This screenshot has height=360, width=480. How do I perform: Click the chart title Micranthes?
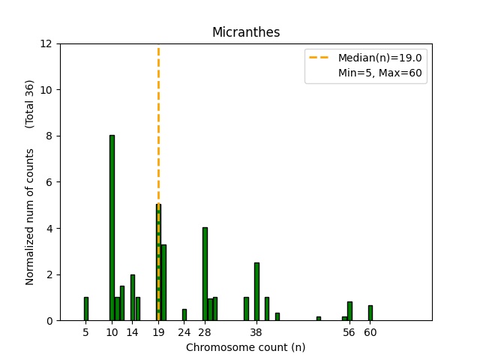point(246,32)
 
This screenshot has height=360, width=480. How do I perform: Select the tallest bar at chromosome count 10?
point(112,228)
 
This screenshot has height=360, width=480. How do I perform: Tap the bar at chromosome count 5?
point(86,309)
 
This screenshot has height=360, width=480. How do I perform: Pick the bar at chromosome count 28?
point(205,274)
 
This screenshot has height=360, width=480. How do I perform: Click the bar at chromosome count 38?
point(256,292)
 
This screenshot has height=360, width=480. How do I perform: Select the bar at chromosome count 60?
point(370,313)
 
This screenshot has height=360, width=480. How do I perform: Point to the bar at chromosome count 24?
point(184,315)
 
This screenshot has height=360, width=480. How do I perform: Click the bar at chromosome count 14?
point(133,298)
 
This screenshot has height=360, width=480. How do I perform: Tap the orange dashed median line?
point(158,112)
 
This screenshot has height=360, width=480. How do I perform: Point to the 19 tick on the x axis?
point(158,331)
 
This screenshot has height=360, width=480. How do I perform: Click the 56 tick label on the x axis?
point(349,331)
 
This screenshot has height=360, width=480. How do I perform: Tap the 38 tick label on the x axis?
point(256,331)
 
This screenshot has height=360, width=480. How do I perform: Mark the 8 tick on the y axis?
point(49,136)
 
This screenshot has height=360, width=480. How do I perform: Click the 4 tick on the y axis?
point(49,228)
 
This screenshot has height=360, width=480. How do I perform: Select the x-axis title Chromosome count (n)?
point(246,347)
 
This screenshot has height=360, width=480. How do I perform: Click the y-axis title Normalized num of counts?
point(31,216)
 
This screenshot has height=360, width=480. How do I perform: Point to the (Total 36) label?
point(31,103)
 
